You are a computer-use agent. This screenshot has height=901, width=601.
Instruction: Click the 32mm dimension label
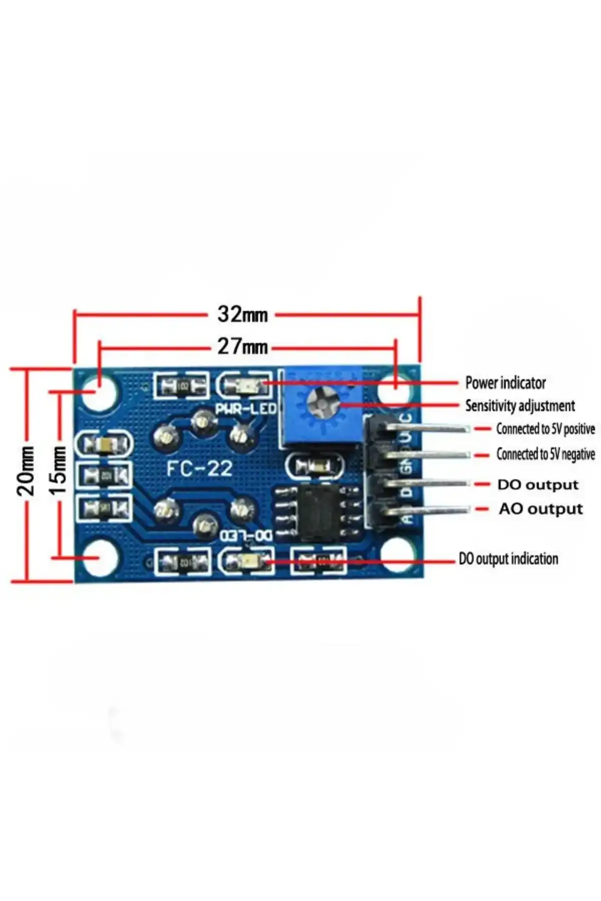242,315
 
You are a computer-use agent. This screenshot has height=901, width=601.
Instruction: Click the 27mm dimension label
242,347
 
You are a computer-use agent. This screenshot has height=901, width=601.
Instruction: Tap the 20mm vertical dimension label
26,471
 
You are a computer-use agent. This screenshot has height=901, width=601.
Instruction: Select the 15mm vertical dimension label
59,471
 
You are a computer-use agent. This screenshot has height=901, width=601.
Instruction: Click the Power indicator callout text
505,383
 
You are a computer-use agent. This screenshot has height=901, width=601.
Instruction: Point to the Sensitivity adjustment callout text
520,406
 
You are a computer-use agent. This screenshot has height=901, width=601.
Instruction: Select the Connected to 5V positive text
545,429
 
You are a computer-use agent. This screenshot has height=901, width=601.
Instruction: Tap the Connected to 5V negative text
545,454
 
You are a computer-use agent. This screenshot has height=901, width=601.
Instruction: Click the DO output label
538,485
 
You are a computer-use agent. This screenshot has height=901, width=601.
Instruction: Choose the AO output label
541,509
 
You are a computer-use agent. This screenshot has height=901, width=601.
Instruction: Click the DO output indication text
508,559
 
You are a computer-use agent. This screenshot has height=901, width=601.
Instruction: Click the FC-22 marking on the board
199,469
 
